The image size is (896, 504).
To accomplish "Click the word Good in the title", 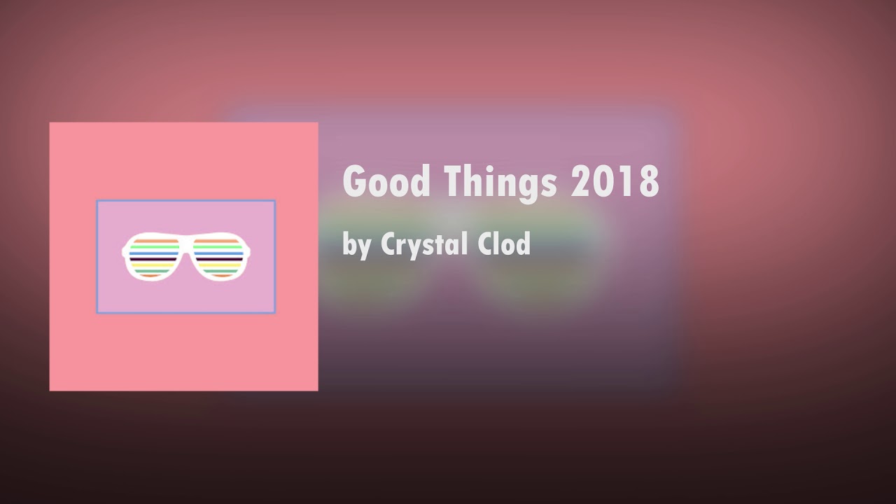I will pos(386,182).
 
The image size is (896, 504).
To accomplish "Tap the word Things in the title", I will pos(500,182).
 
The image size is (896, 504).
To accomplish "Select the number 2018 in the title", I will pos(615,182).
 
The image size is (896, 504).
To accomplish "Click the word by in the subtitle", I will pos(357,245).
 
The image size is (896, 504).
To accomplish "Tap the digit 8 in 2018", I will pos(649,182).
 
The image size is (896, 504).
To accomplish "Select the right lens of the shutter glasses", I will pos(218,256).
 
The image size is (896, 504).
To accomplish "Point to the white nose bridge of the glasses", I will pos(186,244).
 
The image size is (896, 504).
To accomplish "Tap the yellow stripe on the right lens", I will pos(220,265).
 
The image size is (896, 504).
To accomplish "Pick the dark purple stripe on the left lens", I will pos(153,259).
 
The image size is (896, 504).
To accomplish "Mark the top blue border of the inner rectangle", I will pos(185,201).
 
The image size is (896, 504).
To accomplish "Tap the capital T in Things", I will pos(451,182).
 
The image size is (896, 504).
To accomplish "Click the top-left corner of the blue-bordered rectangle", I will pos(97,202).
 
